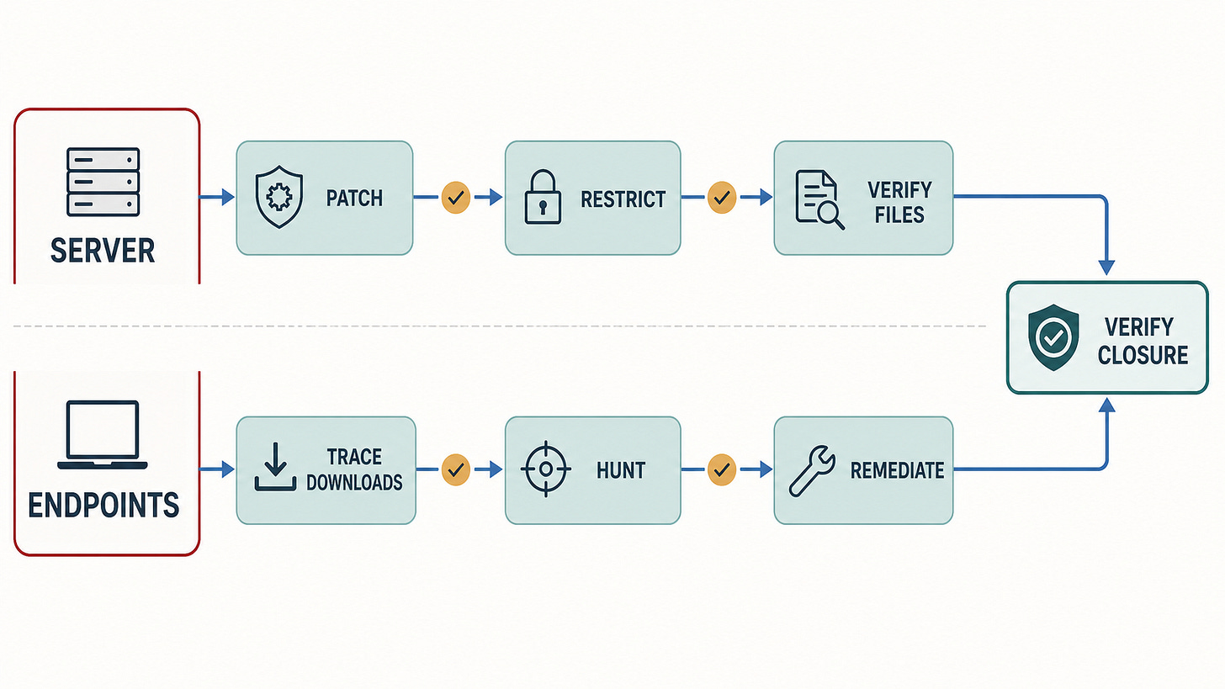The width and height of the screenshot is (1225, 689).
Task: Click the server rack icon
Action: [103, 182]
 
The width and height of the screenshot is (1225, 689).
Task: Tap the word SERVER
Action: [103, 251]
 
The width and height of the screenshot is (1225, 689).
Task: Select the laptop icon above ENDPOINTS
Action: [103, 435]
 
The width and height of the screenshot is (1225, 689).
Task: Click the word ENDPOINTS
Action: [103, 505]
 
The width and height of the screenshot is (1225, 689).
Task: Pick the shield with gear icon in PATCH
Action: [279, 197]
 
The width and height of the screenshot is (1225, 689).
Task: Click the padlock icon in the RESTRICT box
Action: [543, 197]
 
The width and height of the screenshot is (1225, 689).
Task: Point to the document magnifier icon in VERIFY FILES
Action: [819, 199]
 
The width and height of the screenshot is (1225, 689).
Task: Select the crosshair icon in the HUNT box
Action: [546, 469]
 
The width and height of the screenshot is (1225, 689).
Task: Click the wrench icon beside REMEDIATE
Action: [812, 471]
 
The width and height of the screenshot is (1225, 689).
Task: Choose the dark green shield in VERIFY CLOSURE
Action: [1053, 337]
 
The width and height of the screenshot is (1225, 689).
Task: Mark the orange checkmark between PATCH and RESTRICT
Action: [456, 197]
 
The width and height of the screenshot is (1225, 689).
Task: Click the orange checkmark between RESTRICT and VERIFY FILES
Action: [722, 197]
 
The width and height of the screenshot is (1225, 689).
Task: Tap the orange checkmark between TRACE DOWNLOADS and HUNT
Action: [456, 469]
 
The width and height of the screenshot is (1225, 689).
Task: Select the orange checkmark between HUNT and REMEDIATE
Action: [722, 469]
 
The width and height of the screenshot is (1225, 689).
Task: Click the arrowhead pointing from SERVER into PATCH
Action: [228, 197]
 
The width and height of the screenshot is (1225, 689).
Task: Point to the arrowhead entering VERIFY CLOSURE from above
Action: [1106, 268]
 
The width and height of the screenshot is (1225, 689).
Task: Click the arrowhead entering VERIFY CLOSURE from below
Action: [1106, 405]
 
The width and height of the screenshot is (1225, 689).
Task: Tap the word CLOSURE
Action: [1143, 355]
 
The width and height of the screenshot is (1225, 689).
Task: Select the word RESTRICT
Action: [623, 199]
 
